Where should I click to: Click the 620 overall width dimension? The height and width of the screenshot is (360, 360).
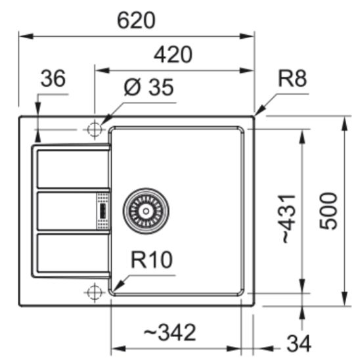tap(136, 21)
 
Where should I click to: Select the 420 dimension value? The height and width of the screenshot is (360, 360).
tap(173, 54)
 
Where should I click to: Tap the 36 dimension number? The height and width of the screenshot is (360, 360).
tap(53, 79)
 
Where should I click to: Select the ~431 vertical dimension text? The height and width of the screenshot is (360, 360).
tap(290, 219)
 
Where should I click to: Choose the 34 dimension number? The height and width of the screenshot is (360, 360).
tap(298, 342)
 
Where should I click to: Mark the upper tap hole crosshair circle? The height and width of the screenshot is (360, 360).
tap(95, 129)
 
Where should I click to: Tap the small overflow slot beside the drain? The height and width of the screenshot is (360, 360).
tap(103, 211)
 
